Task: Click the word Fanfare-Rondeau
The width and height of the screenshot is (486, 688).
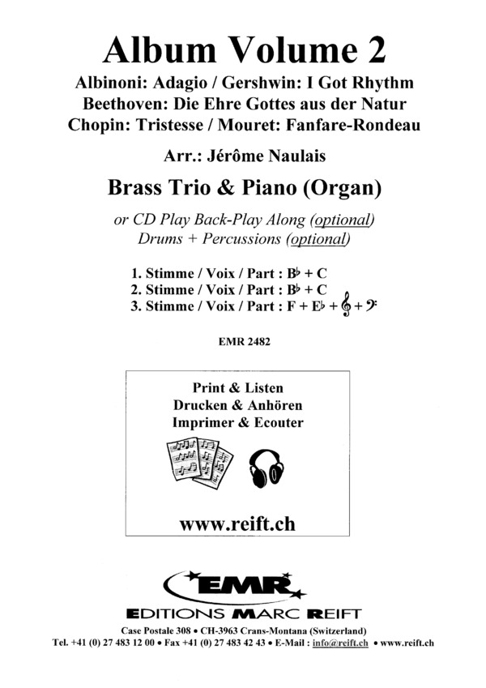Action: [x=364, y=126]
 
